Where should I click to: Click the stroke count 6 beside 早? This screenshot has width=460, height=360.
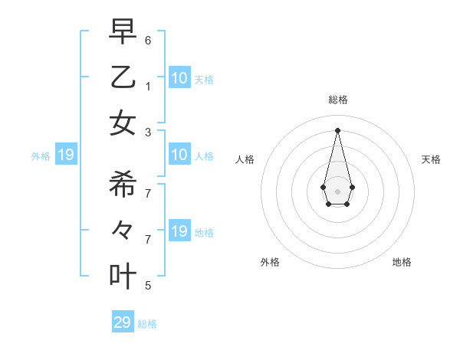coord(148,39)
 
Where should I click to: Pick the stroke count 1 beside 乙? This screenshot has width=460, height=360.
coord(148,85)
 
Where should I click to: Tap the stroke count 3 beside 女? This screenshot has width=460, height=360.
coord(148,131)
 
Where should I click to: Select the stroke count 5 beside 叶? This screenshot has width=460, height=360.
coord(148,286)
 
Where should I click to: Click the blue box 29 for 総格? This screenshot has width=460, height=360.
coord(123,322)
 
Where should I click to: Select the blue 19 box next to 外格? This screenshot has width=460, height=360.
coord(65,155)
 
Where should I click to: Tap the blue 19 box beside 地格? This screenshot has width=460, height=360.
coord(179,231)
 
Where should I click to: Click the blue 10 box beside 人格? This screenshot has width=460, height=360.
coord(179,155)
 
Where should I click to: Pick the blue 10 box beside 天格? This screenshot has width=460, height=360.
coord(179,77)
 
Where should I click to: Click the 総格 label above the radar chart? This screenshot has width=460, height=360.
coord(337,100)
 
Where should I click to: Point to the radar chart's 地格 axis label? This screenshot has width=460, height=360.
coord(402,262)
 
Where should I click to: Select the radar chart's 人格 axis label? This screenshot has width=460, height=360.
coord(245,159)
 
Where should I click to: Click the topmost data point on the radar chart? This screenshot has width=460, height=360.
coord(337,129)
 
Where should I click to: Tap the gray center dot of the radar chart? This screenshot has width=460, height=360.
coord(337,191)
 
